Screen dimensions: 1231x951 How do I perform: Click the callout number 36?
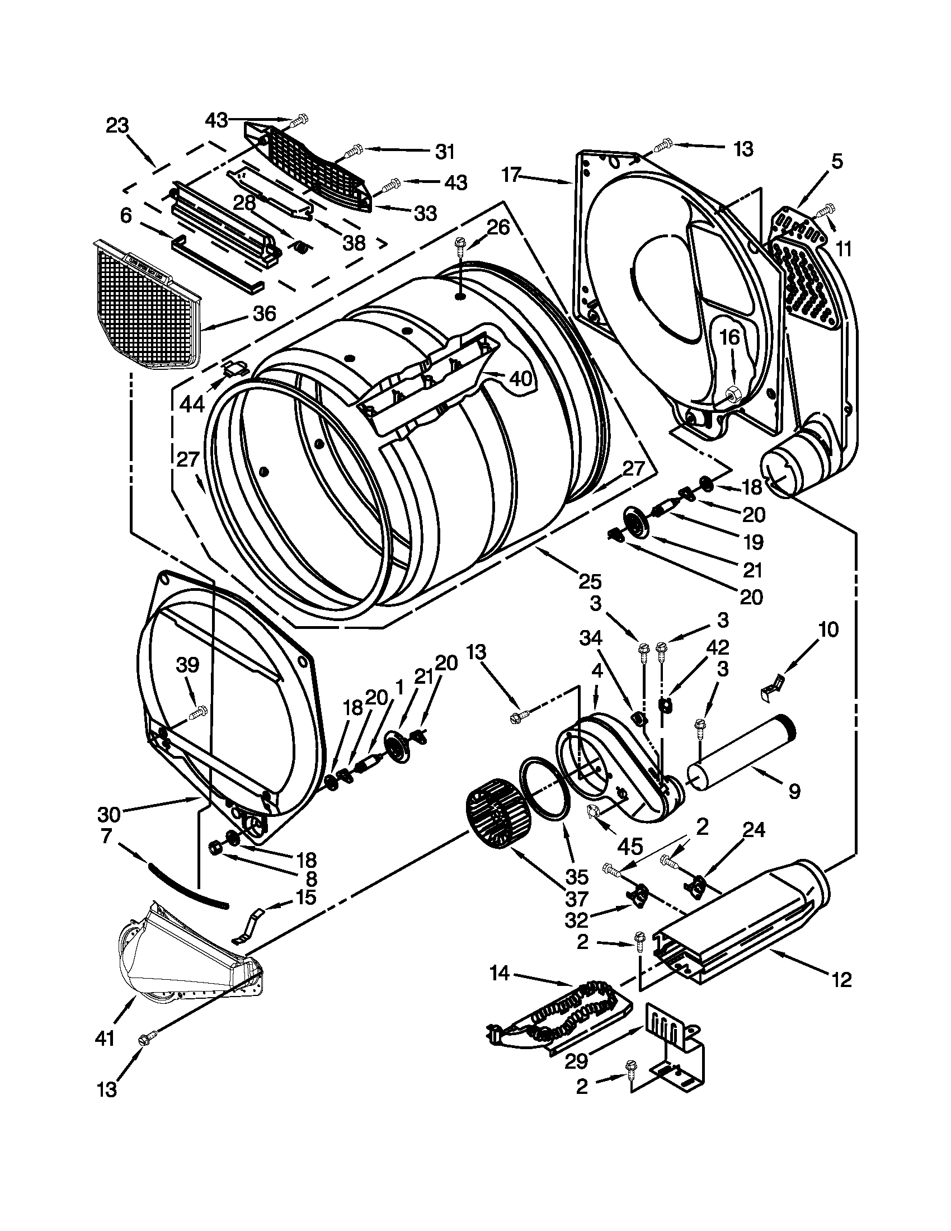point(264,313)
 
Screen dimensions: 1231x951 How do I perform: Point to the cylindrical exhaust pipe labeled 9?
point(741,753)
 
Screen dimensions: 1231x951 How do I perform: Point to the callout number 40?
point(521,378)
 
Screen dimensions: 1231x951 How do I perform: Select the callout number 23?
point(117,125)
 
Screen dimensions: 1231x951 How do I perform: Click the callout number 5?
point(837,161)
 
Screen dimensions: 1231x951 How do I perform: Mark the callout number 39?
point(187,665)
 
